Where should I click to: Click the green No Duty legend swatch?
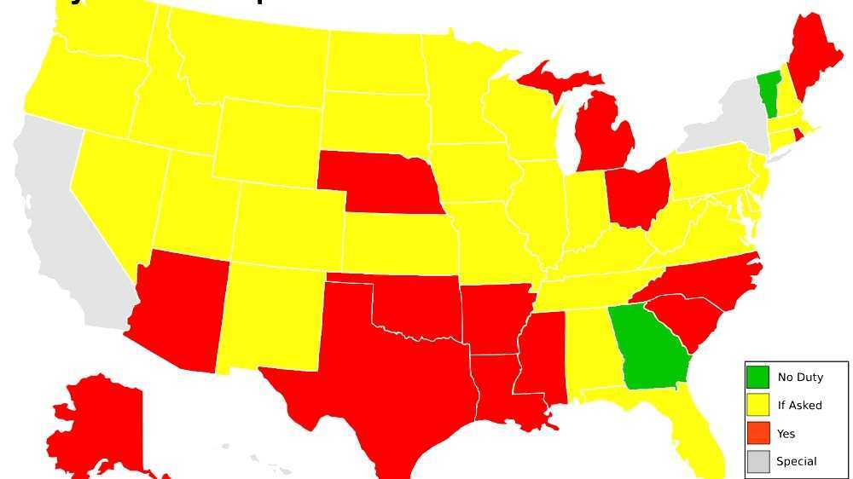pyautogui.click(x=757, y=377)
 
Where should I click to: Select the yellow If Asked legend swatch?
pyautogui.click(x=757, y=405)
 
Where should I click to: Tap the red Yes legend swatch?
pyautogui.click(x=757, y=433)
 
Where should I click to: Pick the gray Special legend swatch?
pyautogui.click(x=757, y=461)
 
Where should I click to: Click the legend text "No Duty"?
pyautogui.click(x=800, y=377)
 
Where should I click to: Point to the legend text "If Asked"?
pyautogui.click(x=799, y=405)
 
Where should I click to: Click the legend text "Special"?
pyautogui.click(x=796, y=461)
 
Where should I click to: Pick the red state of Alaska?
pyautogui.click(x=94, y=426)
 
